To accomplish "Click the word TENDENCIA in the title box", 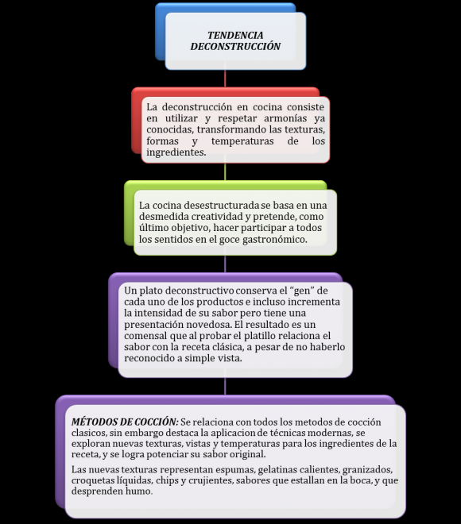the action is [235, 35].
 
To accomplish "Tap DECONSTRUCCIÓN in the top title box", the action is [235, 46].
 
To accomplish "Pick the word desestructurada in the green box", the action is [222, 205].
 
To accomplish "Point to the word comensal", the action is [145, 335].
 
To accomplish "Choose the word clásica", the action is [228, 346].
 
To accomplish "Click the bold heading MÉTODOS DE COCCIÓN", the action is [125, 422].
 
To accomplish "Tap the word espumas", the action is [236, 469].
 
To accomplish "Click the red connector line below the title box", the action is [225, 78].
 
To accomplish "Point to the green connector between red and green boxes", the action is [225, 171].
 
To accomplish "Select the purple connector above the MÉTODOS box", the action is [225, 386].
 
